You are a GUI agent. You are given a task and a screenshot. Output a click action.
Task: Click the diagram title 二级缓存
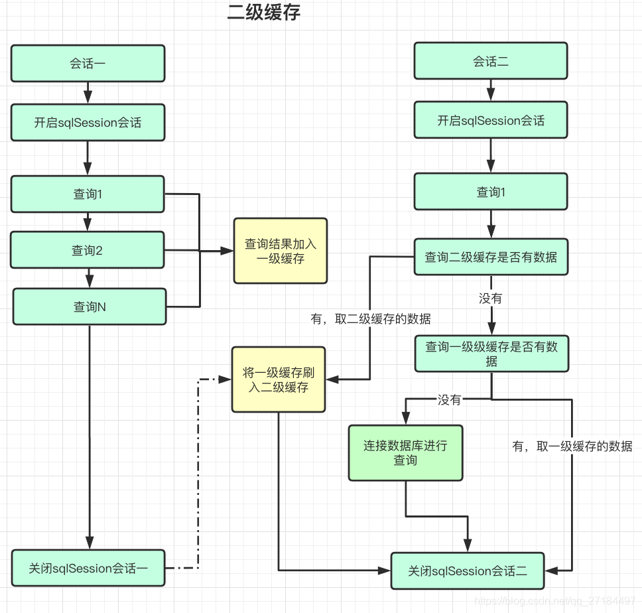click(263, 13)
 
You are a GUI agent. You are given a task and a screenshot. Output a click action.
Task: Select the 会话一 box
click(88, 64)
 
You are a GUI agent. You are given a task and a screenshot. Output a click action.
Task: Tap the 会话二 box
click(491, 61)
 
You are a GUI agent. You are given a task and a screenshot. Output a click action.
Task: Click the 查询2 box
click(88, 250)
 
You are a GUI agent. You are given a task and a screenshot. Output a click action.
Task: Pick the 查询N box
click(90, 306)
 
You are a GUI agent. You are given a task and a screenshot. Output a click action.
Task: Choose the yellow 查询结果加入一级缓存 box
click(280, 251)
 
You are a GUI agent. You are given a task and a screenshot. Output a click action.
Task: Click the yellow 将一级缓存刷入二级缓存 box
click(279, 379)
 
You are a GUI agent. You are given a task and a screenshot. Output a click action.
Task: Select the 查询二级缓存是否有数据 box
click(491, 257)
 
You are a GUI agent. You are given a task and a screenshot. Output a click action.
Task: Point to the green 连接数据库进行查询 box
click(405, 452)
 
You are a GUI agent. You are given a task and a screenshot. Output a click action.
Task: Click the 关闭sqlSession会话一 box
click(88, 568)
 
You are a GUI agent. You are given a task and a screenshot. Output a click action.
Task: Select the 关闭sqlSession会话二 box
click(468, 571)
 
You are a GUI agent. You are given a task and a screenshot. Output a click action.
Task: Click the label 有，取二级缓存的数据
click(371, 319)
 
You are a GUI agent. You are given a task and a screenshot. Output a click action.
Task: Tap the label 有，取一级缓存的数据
click(572, 446)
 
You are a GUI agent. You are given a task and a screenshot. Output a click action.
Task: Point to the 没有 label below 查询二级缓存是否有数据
click(491, 299)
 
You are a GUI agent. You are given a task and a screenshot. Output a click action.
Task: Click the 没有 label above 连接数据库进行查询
click(449, 400)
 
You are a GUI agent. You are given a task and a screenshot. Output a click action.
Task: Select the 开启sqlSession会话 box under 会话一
click(88, 122)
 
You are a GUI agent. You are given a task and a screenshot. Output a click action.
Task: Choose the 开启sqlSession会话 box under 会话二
click(491, 120)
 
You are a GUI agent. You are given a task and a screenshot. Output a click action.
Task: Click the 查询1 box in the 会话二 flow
click(491, 192)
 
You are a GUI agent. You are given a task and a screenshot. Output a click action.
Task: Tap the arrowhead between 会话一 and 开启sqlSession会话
click(88, 96)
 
